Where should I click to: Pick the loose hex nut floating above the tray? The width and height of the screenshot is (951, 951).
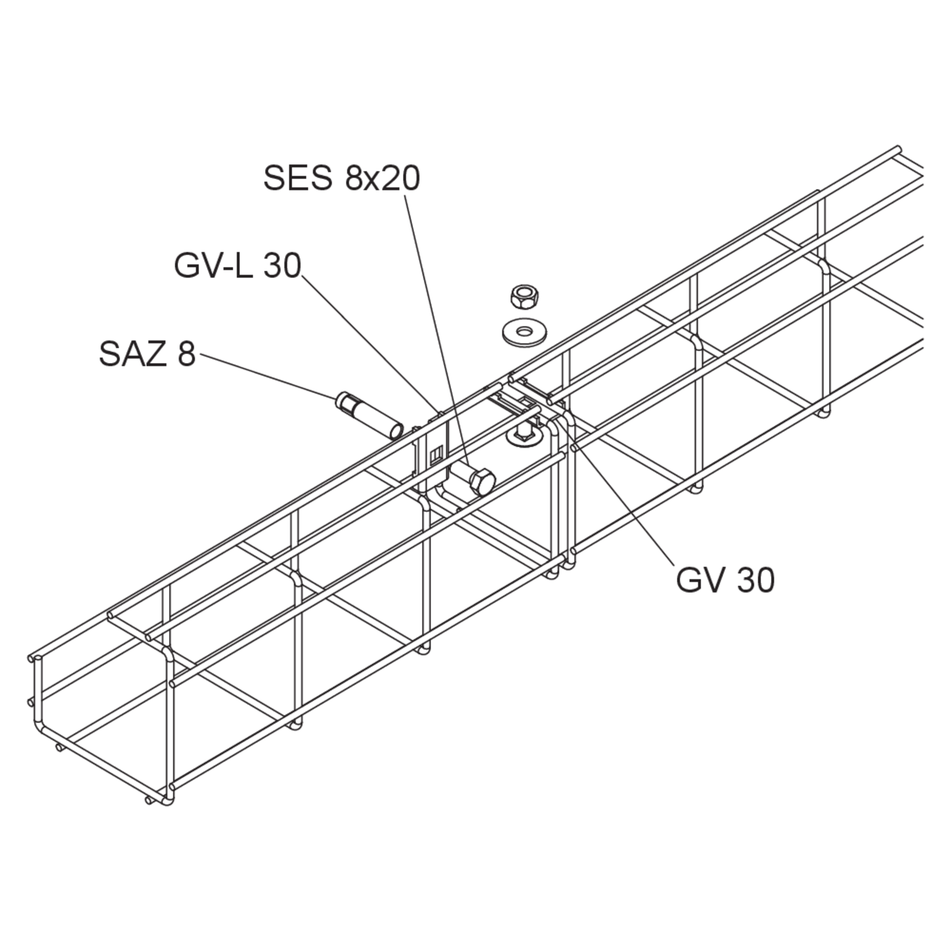click(x=525, y=297)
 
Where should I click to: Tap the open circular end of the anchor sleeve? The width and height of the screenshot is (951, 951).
click(x=395, y=431)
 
